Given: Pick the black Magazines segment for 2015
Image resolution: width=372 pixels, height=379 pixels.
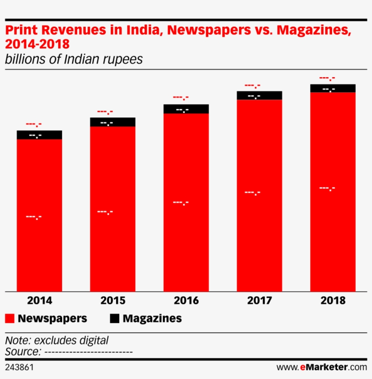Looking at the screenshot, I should click(x=113, y=122).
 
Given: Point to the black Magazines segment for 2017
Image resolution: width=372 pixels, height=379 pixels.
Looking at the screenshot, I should click(x=259, y=95).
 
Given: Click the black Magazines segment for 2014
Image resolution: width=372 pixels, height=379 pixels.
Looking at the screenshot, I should click(x=39, y=135).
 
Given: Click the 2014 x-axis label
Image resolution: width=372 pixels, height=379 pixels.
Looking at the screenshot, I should click(x=39, y=300).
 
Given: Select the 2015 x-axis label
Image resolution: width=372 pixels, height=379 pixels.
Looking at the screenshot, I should click(x=113, y=300).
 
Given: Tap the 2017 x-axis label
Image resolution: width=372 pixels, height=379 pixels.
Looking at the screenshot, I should click(x=259, y=300).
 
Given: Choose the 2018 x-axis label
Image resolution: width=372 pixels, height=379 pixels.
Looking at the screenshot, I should click(x=333, y=300).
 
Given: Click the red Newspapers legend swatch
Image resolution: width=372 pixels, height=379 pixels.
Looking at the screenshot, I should click(x=10, y=318).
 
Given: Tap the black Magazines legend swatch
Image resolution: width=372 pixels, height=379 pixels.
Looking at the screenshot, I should click(x=115, y=318).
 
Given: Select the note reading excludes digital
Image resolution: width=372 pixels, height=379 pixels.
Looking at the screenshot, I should click(x=57, y=340).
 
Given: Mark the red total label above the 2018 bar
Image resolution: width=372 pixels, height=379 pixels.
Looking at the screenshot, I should click(x=327, y=78).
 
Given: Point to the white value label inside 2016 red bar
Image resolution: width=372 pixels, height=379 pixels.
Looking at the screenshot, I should click(x=181, y=202).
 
